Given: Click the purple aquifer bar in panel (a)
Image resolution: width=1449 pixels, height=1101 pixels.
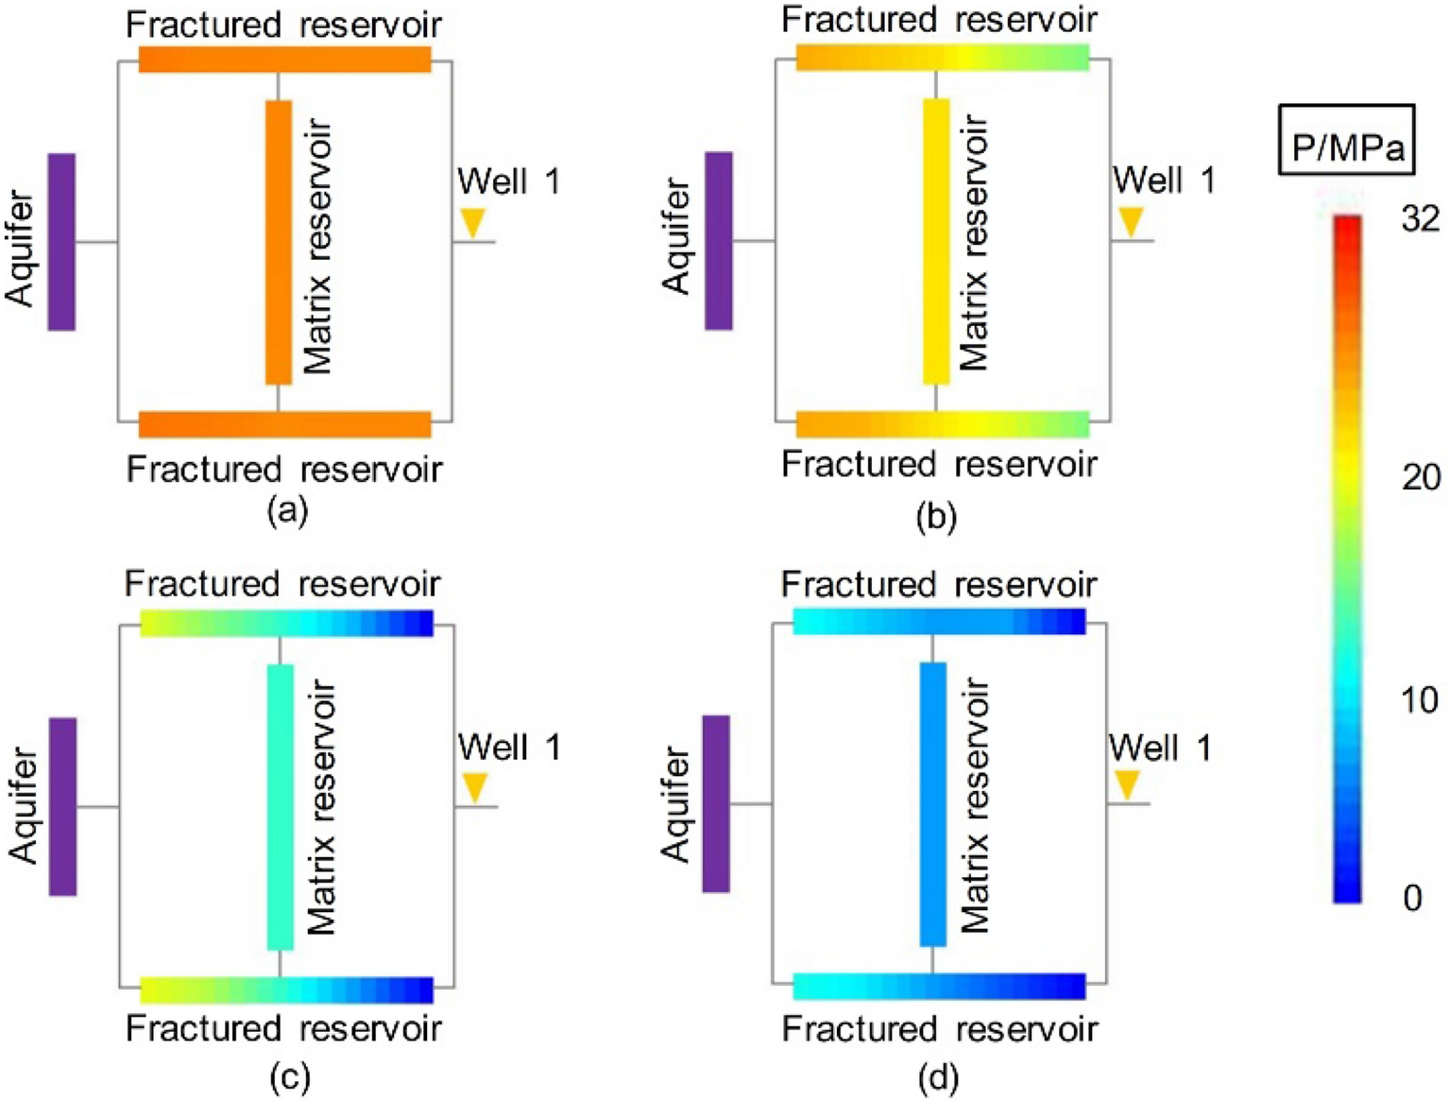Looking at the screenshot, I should point(61,242).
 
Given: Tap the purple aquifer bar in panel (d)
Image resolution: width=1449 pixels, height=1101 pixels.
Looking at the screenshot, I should point(716,803).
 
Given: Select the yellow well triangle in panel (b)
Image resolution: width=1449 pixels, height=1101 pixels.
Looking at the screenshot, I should point(1130,222).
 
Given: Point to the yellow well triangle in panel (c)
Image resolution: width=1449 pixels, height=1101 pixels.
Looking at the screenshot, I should point(474,786).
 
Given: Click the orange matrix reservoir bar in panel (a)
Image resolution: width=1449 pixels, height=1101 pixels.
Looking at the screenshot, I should point(279,242).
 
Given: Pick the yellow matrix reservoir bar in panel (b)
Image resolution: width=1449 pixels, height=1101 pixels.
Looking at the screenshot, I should point(936,242).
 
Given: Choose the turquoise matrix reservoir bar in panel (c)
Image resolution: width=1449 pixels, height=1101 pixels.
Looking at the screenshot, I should point(281,807).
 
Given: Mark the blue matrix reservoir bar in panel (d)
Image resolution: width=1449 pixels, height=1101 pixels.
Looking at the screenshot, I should point(933,804).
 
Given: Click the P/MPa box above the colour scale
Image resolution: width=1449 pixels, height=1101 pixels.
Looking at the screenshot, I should point(1346,140).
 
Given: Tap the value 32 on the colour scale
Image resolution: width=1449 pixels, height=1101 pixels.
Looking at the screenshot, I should point(1421,219).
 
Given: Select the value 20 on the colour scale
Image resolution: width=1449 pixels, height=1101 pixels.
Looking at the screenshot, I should point(1421,477).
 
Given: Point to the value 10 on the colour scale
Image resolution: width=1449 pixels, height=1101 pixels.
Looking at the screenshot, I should point(1419,700).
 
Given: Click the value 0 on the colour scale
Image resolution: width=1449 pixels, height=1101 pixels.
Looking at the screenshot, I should point(1412,897).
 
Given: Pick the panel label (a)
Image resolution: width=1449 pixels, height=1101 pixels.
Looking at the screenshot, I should point(287,510).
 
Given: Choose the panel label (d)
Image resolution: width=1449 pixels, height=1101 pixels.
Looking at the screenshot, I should point(937,1077).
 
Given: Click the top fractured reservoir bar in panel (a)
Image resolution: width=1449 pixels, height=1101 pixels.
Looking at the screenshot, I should point(284,59).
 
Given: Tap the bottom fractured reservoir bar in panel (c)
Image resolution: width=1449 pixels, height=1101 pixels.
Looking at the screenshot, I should point(286,989).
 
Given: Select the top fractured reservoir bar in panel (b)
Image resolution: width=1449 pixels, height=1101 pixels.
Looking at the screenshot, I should point(942,57).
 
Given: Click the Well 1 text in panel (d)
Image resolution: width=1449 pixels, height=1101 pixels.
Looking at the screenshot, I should point(1160,748).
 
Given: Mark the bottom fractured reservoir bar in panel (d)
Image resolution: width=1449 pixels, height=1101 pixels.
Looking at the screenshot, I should point(939,986).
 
